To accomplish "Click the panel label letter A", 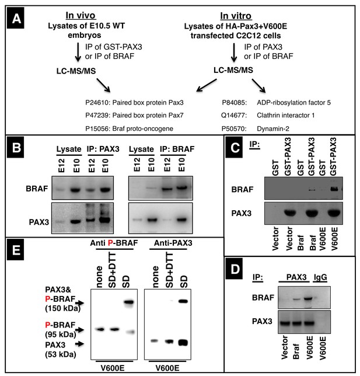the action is click(16, 19).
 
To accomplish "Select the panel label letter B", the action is click(16, 148).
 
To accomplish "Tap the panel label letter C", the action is click(235, 148).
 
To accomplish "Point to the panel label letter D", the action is click(235, 269).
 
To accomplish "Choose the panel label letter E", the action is click(16, 250).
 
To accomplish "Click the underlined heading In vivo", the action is click(81, 16).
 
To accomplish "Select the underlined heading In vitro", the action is click(236, 16).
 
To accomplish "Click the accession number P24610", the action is click(98, 103).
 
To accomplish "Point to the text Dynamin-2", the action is click(273, 129).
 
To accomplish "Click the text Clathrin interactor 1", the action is click(286, 116).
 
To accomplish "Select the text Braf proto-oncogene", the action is click(143, 129).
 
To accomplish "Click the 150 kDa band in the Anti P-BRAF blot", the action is click(129, 302).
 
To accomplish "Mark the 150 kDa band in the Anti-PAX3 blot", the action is click(184, 301).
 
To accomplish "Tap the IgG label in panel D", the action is click(320, 277).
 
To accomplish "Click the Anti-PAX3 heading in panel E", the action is click(173, 243).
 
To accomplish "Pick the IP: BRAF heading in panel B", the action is click(177, 149).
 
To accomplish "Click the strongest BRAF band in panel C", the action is click(334, 189).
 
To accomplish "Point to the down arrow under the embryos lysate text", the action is click(78, 52).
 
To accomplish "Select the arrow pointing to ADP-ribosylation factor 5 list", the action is click(258, 86).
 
